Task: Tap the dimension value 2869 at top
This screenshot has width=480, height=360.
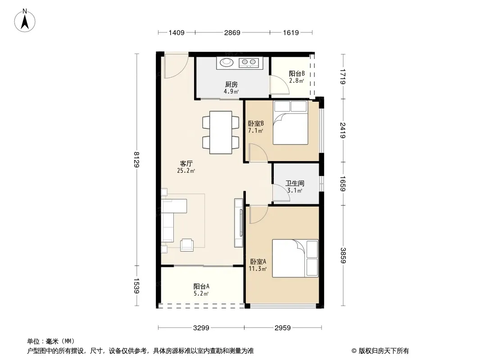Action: [232, 32]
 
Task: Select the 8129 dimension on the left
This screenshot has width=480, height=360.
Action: [136, 160]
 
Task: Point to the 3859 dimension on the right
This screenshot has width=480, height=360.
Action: [343, 256]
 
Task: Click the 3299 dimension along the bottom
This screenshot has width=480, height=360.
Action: [201, 328]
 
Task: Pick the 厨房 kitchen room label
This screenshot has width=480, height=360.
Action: [231, 85]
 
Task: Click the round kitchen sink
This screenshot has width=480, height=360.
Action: [227, 63]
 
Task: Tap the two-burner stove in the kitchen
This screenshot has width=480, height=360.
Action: [249, 63]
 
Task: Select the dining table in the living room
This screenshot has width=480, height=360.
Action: [221, 132]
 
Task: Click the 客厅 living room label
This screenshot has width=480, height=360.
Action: [186, 164]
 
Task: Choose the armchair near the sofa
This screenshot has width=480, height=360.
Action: [187, 245]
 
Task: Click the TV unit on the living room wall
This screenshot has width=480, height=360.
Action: [239, 223]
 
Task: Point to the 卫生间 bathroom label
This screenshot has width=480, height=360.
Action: [295, 184]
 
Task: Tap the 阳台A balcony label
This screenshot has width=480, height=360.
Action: [201, 287]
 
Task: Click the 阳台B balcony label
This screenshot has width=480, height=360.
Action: [297, 74]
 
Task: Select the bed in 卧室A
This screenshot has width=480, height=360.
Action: [295, 258]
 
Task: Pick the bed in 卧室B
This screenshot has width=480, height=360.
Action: [290, 122]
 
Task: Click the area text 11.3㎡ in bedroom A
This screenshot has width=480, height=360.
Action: [258, 269]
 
